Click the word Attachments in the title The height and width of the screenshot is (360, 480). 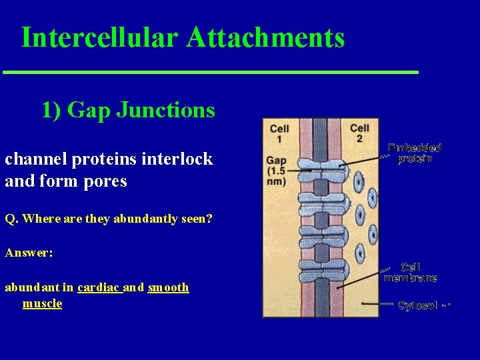[265, 37]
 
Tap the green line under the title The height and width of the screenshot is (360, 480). [210, 71]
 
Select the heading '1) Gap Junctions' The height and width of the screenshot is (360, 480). [128, 109]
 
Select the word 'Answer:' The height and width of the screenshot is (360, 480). [29, 253]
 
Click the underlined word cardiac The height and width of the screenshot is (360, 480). [99, 287]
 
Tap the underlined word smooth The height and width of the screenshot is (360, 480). [168, 287]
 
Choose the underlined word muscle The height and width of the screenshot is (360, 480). [42, 303]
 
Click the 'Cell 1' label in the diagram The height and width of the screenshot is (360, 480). [279, 133]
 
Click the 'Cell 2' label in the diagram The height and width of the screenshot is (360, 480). [360, 133]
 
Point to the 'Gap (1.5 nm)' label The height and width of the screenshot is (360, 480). [276, 171]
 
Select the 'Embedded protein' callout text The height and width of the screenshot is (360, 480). [414, 153]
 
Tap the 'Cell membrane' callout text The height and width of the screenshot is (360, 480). [410, 272]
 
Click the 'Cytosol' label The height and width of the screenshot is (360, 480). [418, 305]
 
